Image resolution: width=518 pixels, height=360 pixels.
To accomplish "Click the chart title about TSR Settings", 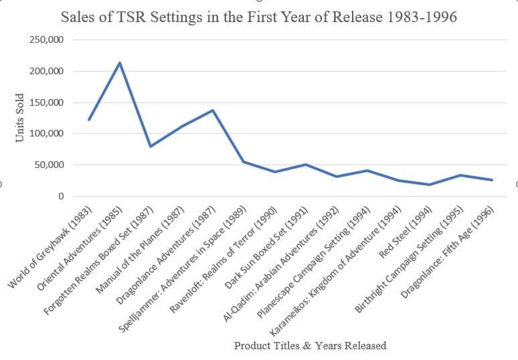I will pyautogui.click(x=259, y=17).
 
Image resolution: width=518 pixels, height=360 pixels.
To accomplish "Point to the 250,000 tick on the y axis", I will pyautogui.click(x=47, y=40).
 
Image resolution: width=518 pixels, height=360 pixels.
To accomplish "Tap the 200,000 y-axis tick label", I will pyautogui.click(x=47, y=72).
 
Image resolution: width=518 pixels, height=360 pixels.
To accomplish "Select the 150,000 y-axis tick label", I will pyautogui.click(x=47, y=102).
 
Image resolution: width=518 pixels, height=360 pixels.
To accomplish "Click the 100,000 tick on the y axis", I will pyautogui.click(x=47, y=134).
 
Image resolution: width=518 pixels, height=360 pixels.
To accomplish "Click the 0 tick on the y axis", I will pyautogui.click(x=60, y=196).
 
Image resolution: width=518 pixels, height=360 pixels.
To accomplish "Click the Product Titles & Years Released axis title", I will pyautogui.click(x=310, y=346).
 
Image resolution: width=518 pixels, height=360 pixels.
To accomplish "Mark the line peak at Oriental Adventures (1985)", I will pyautogui.click(x=119, y=63).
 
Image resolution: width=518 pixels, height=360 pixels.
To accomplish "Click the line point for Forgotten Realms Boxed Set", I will pyautogui.click(x=151, y=147).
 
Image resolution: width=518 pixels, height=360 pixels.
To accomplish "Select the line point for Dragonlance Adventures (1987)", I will pyautogui.click(x=213, y=110).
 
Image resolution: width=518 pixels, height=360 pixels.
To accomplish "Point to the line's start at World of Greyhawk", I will pyautogui.click(x=88, y=120).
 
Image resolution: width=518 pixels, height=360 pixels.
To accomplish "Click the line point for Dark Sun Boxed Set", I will pyautogui.click(x=306, y=165).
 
